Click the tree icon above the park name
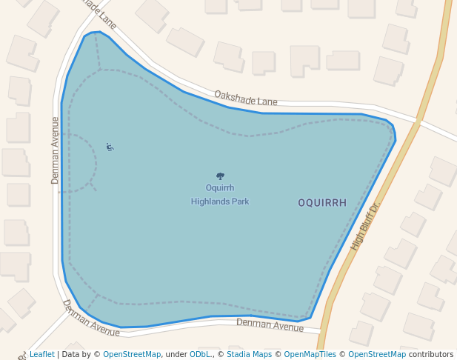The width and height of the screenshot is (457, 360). pos(220,176)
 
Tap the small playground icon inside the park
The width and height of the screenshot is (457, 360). pos(110,147)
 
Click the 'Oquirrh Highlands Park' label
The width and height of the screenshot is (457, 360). pos(220,195)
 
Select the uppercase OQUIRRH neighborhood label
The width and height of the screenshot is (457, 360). pos(322,203)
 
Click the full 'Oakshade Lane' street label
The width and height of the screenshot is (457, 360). pos(245,97)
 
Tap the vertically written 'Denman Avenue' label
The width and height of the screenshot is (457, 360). pos(55,150)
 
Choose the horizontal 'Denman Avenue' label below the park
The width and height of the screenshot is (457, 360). pos(270,324)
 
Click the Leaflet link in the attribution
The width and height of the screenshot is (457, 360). pos(42,355)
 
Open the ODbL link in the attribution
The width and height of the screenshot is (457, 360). pos(200,355)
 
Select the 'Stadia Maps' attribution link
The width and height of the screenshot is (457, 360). pos(249,355)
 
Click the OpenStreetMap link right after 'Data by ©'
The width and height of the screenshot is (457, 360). pos(132,355)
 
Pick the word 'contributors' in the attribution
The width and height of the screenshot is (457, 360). pos(431,355)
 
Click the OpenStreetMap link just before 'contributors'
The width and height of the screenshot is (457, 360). pos(377,355)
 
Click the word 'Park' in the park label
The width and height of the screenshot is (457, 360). pos(239,201)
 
